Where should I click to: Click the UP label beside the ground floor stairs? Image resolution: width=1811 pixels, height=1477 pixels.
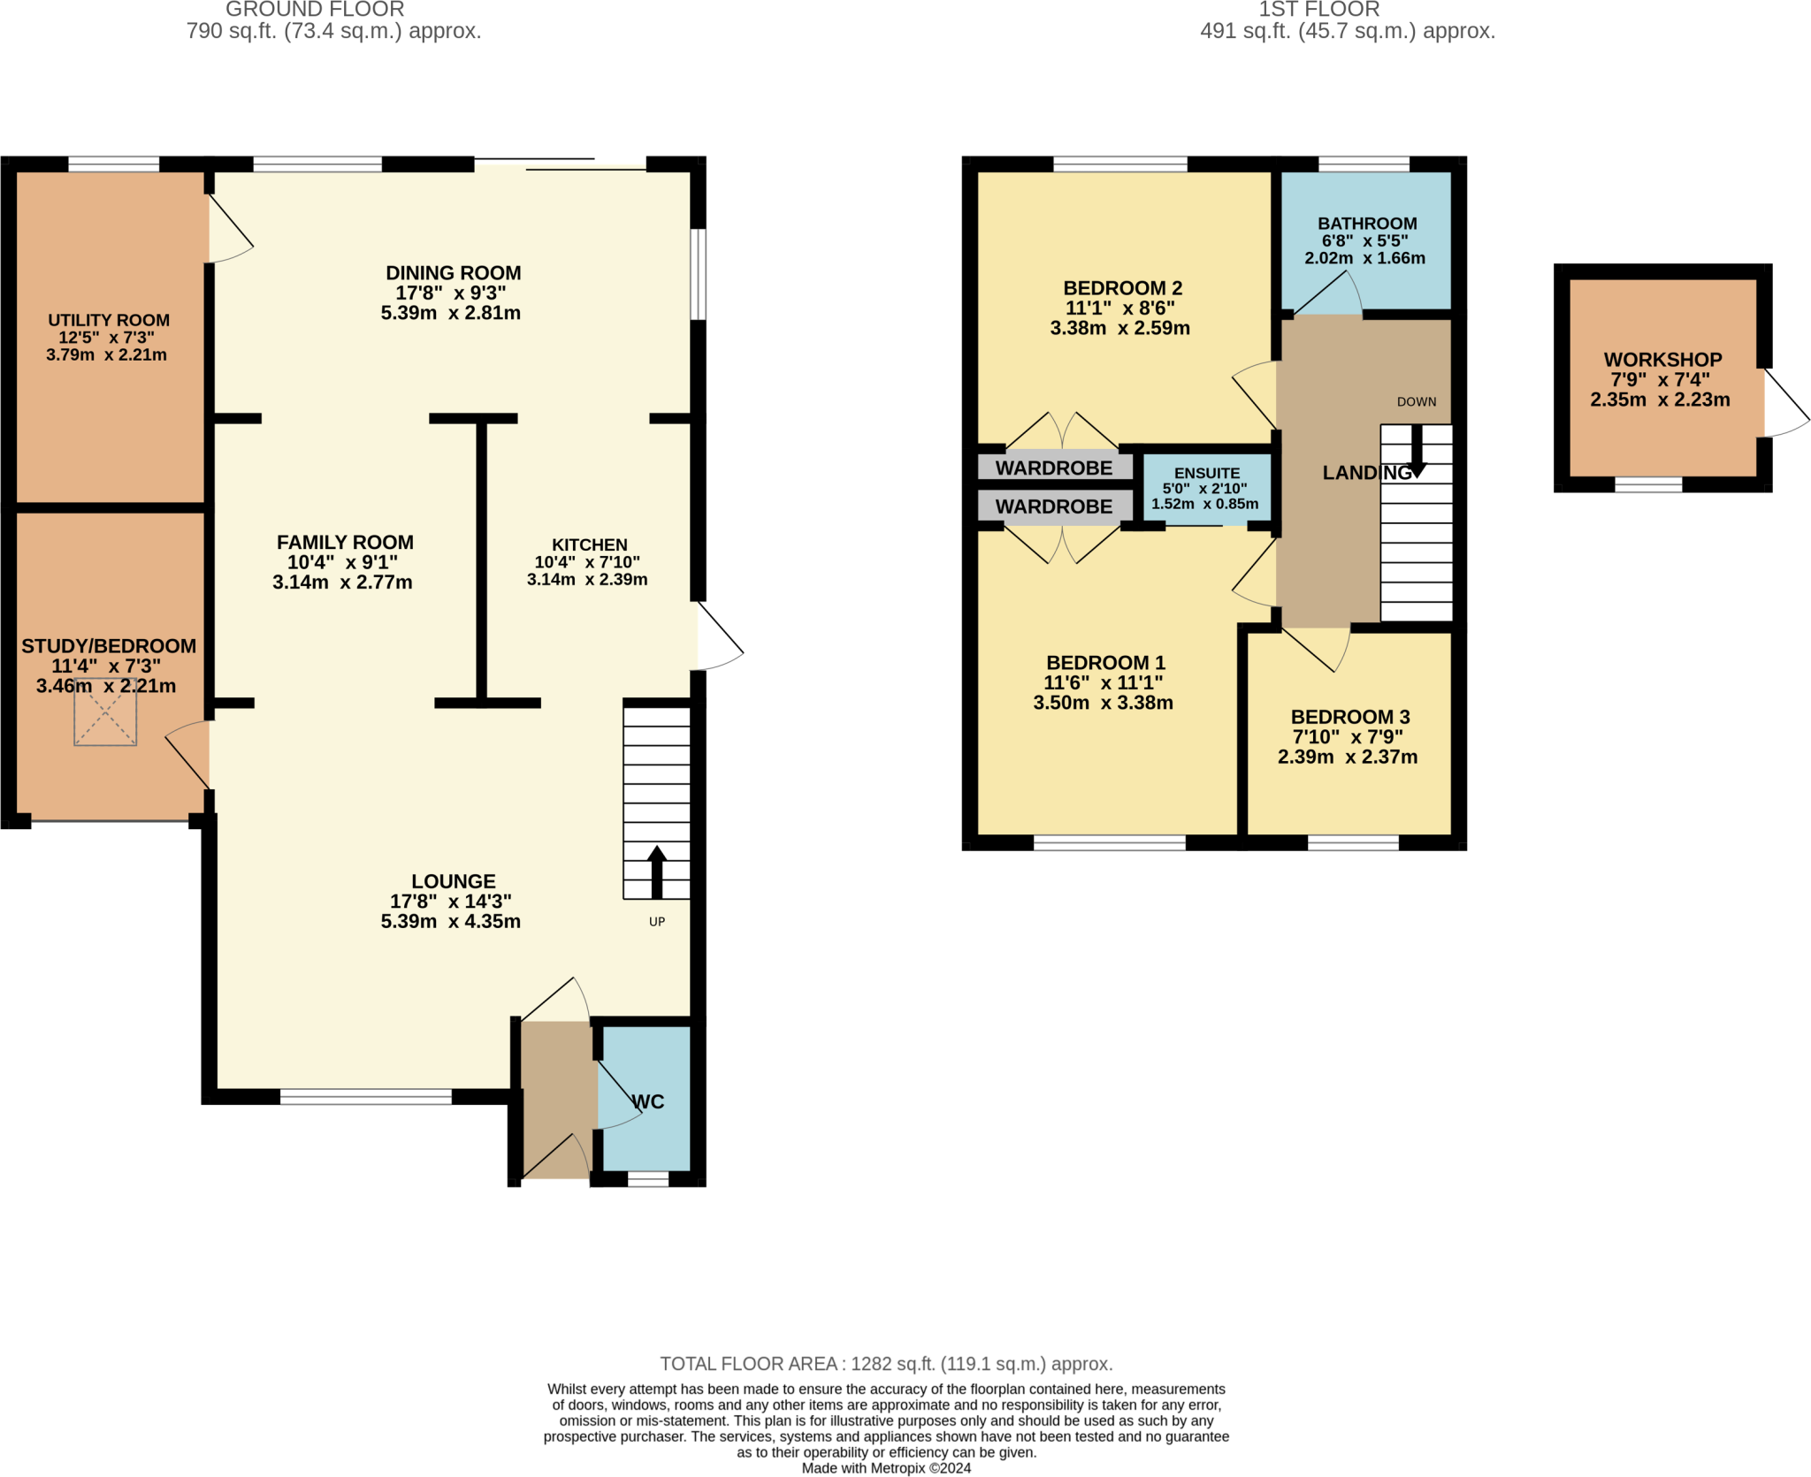(x=656, y=921)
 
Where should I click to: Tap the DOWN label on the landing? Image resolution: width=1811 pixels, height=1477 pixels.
(x=1416, y=401)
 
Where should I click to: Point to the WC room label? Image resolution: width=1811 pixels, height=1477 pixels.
(x=648, y=1101)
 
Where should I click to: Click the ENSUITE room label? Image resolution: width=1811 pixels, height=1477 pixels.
(x=1206, y=473)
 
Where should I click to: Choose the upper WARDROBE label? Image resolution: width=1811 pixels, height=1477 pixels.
(x=1053, y=468)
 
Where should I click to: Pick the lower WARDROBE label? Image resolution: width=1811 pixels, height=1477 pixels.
(x=1053, y=506)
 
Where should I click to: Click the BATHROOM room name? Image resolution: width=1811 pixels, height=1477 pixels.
(x=1366, y=224)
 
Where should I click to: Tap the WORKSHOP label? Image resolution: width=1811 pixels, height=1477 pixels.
(x=1662, y=360)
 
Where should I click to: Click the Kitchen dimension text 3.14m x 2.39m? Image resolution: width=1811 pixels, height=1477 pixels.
(x=587, y=580)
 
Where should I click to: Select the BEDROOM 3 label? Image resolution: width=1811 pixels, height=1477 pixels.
(x=1349, y=717)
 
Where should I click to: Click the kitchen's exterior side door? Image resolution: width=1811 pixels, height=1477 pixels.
(x=718, y=636)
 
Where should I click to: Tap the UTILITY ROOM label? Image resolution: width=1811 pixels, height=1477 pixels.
(x=109, y=320)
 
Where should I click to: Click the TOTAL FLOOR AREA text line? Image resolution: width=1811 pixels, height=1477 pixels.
(x=886, y=1363)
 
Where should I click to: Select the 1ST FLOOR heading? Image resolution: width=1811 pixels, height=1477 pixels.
(x=1318, y=10)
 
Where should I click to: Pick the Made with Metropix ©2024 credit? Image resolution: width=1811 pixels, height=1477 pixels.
(x=886, y=1468)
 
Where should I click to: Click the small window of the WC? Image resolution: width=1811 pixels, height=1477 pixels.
(x=648, y=1178)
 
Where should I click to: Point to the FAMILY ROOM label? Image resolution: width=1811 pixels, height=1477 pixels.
(x=345, y=542)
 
